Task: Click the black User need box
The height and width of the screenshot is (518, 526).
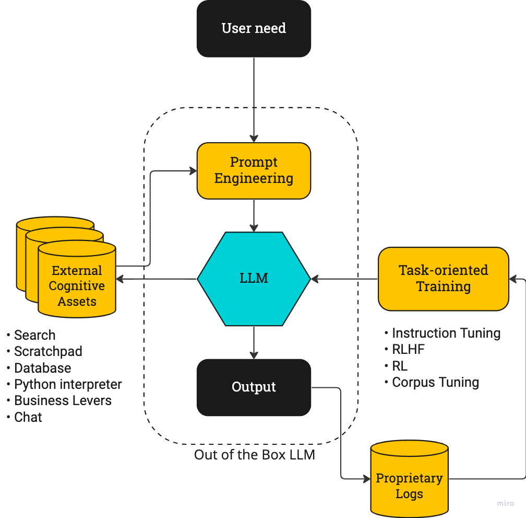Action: pyautogui.click(x=254, y=28)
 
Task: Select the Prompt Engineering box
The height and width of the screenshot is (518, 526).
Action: pyautogui.click(x=254, y=170)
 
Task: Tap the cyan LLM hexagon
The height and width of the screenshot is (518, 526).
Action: pyautogui.click(x=254, y=278)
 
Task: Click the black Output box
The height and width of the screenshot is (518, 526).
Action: pyautogui.click(x=254, y=387)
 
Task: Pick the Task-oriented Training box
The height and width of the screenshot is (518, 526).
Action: pyautogui.click(x=443, y=279)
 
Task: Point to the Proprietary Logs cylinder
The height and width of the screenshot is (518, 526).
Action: pyautogui.click(x=409, y=486)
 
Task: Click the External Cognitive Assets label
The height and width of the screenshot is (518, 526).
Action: pyautogui.click(x=77, y=286)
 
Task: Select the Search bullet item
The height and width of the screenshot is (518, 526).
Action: pyautogui.click(x=34, y=335)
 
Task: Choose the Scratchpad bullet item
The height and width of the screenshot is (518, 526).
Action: pyautogui.click(x=47, y=351)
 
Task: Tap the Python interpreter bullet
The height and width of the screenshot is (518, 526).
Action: pyautogui.click(x=68, y=384)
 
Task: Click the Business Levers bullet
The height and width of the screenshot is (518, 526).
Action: pyautogui.click(x=63, y=400)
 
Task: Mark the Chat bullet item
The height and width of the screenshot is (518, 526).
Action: pyautogui.click(x=28, y=417)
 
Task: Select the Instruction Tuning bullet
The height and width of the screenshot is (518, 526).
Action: pyautogui.click(x=446, y=333)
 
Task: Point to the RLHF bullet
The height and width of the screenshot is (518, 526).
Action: pyautogui.click(x=408, y=349)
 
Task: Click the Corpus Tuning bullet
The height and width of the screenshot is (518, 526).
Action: pyautogui.click(x=435, y=382)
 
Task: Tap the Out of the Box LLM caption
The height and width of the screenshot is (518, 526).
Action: pyautogui.click(x=255, y=455)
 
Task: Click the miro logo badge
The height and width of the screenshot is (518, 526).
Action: pyautogui.click(x=505, y=503)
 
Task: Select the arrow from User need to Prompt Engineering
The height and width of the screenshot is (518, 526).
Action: pyautogui.click(x=254, y=99)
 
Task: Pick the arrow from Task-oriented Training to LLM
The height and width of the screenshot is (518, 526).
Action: pyautogui.click(x=344, y=279)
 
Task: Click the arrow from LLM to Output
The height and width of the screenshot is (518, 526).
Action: pyautogui.click(x=254, y=342)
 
